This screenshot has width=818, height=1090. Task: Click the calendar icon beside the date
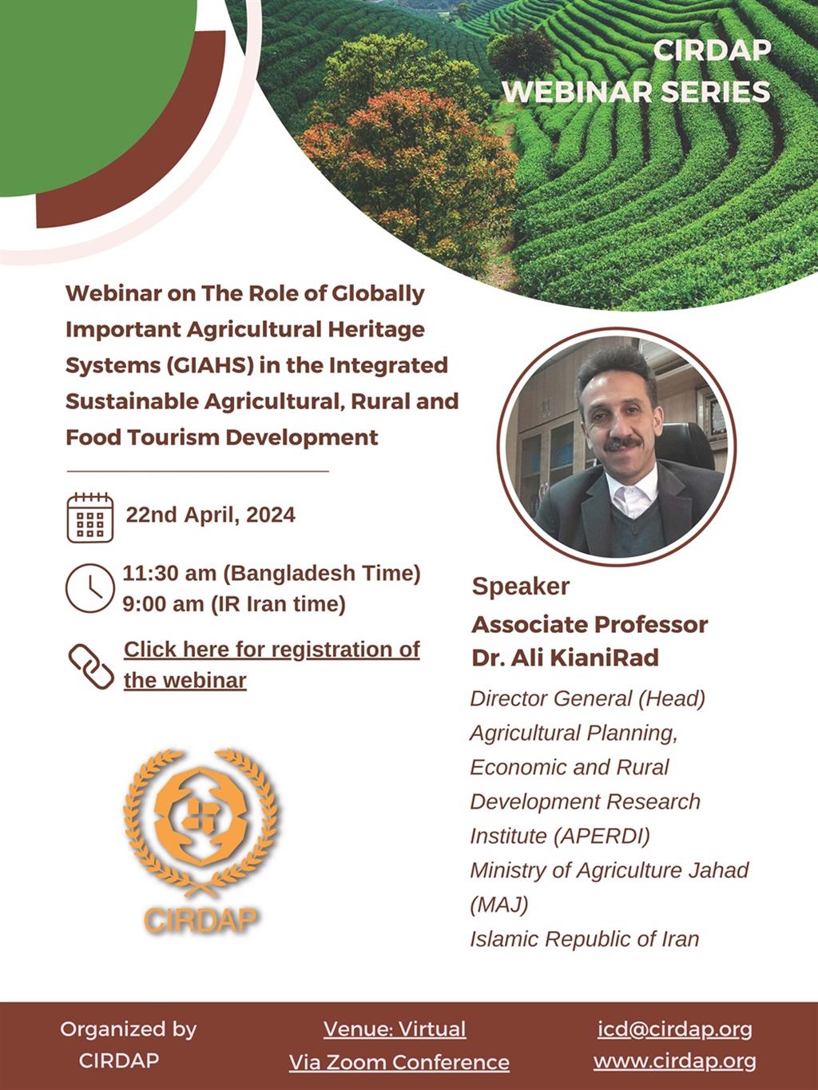[x=89, y=518]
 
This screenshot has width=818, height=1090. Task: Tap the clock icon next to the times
[x=89, y=588]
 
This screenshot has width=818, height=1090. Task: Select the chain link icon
[x=91, y=667]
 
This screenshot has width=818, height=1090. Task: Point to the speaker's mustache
[x=622, y=443]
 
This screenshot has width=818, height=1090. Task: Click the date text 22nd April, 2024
[x=210, y=515]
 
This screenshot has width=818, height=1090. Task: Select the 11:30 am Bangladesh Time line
[x=272, y=574]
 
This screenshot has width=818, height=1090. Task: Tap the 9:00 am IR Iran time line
[x=234, y=605]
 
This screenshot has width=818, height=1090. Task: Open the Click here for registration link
[x=272, y=664]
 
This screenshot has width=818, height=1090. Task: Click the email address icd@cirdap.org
[x=674, y=1029]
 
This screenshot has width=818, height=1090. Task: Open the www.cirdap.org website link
[x=674, y=1061]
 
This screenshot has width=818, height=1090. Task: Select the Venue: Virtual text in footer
[x=395, y=1029]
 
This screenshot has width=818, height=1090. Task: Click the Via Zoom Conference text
[x=399, y=1063]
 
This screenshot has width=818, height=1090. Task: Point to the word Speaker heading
[x=521, y=587]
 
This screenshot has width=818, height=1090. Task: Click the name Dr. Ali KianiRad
[x=566, y=658]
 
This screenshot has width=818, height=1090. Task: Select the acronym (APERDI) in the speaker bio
[x=602, y=836]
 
